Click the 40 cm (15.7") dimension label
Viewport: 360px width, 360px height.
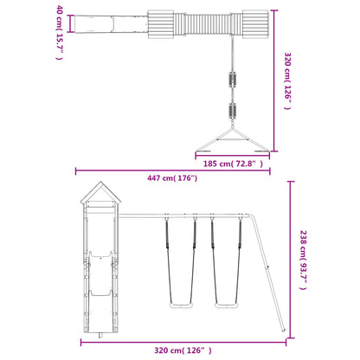pyautogui.click(x=60, y=32)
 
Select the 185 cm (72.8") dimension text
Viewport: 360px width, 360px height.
pyautogui.click(x=233, y=164)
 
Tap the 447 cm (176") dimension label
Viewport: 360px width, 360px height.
pyautogui.click(x=172, y=178)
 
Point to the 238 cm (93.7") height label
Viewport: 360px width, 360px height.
pyautogui.click(x=303, y=260)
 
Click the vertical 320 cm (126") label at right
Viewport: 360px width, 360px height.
pyautogui.click(x=287, y=81)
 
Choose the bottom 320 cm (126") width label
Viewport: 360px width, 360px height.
pyautogui.click(x=183, y=350)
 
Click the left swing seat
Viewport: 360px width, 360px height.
pyautogui.click(x=181, y=305)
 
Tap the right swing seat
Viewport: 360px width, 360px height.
pyautogui.click(x=227, y=305)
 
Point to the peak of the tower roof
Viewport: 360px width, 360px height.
pyautogui.click(x=100, y=182)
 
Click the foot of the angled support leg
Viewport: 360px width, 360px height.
pyautogui.click(x=283, y=330)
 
